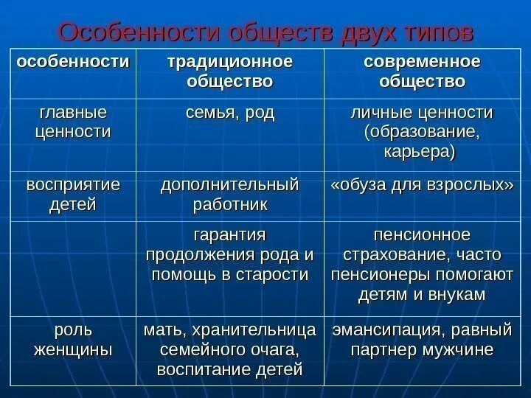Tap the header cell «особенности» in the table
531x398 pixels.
click(72, 61)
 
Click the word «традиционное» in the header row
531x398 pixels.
click(227, 61)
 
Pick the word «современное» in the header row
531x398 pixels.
click(422, 61)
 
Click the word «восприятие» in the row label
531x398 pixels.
click(72, 184)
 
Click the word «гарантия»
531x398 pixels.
click(228, 234)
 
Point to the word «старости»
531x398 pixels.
click(271, 274)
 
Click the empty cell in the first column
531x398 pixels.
click(72, 269)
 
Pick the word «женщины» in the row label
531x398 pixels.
click(72, 349)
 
